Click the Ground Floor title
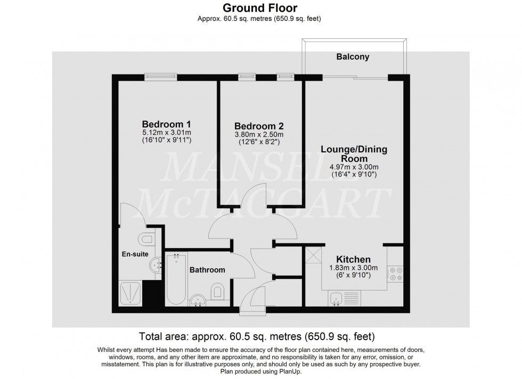[260, 8]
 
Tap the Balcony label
[352, 56]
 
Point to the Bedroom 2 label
[259, 126]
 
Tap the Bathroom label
[207, 270]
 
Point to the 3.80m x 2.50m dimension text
[259, 135]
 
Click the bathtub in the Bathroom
[174, 280]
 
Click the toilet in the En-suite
[145, 238]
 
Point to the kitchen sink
[337, 299]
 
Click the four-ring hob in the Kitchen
[396, 273]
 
